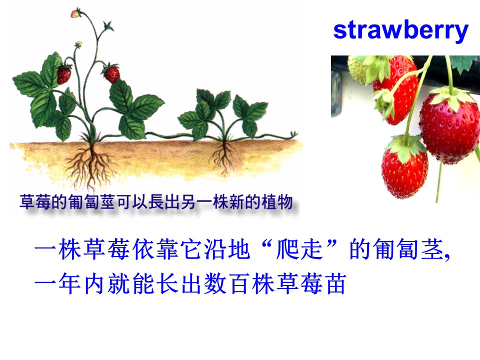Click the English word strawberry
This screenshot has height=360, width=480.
tap(400, 30)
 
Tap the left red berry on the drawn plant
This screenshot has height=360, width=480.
tap(63, 75)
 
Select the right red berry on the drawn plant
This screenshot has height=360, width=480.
tap(111, 74)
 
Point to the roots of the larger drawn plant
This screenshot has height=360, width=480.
tap(90, 162)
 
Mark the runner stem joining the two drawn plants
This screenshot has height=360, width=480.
tap(165, 135)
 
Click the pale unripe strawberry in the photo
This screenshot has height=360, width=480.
tap(360, 70)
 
